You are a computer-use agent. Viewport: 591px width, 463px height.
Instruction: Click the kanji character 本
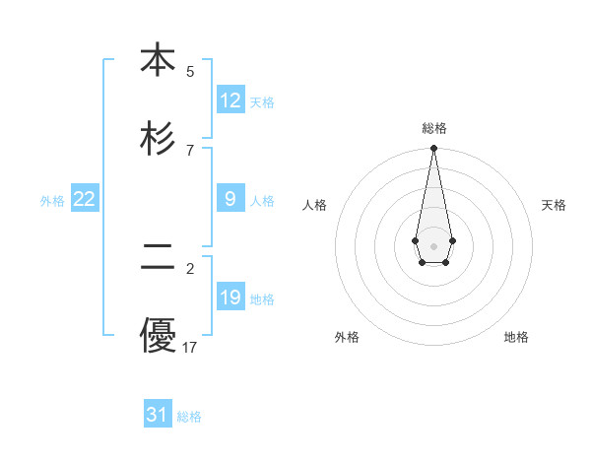158,60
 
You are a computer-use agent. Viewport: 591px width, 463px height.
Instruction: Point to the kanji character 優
158,336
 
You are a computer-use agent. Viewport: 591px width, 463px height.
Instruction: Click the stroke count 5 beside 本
190,71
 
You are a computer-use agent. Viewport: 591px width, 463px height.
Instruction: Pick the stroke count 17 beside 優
190,347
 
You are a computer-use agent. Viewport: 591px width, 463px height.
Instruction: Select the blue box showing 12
230,100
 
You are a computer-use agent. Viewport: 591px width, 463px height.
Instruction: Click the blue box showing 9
230,199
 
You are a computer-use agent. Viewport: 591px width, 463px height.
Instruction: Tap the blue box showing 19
230,298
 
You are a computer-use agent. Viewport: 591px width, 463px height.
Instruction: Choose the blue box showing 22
85,199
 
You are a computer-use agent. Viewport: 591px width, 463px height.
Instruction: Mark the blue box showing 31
158,415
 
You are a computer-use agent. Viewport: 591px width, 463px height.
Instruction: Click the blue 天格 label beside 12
262,102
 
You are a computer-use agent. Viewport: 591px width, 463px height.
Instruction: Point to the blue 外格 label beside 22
52,201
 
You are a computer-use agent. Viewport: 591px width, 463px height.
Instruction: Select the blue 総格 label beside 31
189,417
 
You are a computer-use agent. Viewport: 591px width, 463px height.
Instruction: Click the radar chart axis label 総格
434,128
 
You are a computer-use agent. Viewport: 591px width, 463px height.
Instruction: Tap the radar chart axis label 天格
554,205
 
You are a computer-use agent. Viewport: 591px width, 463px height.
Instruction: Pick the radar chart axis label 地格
516,337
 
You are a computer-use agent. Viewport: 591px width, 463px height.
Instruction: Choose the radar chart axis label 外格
347,337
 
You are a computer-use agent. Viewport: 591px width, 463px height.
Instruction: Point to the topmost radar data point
433,149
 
